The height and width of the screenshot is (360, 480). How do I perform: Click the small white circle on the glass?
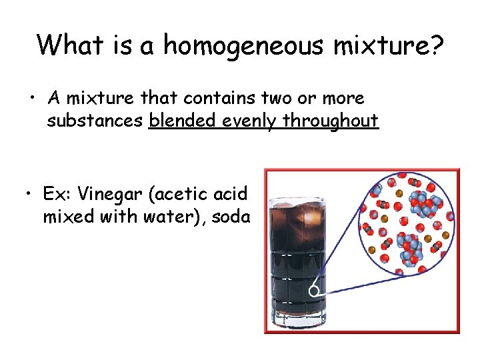(313, 291)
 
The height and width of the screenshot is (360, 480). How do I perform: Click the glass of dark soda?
(298, 260)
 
